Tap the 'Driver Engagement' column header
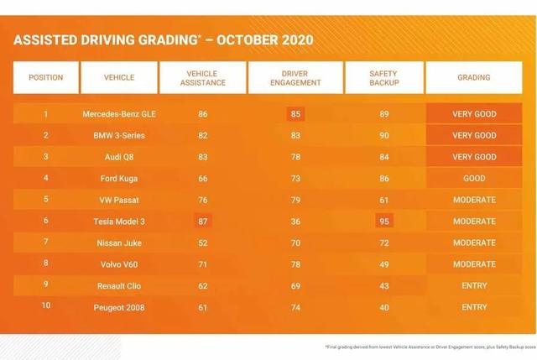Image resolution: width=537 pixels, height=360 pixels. coord(295,78)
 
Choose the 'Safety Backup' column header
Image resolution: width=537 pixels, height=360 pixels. coord(383,78)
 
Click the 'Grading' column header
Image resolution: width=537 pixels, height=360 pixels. coord(474,78)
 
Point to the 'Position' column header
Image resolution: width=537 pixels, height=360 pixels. coord(45,78)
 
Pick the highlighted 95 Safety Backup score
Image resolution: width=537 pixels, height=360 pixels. coord(383,222)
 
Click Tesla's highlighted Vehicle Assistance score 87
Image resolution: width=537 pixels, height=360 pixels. coord(202,222)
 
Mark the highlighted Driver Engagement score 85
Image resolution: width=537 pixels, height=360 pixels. coord(295,114)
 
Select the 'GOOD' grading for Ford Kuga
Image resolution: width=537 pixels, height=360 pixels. coord(474,179)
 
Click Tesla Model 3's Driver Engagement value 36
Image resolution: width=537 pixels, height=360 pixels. coord(295,222)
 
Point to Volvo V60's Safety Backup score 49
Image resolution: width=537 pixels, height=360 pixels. coord(383,264)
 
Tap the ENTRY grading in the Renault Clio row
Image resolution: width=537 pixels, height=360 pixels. coord(474,286)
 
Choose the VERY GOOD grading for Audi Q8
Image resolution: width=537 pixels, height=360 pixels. coord(474,157)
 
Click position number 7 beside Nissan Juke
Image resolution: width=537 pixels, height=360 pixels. coord(45,243)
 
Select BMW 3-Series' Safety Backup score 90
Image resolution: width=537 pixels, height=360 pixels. coord(383,135)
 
